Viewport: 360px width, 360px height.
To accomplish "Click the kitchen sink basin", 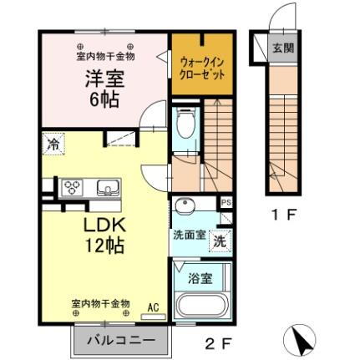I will point(107,185).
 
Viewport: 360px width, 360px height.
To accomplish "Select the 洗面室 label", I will point(189,235).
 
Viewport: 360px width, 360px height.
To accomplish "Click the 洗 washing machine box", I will point(218,241).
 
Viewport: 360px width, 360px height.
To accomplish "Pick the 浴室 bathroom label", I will point(201,277).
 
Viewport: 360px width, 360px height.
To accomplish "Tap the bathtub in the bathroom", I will point(200,305).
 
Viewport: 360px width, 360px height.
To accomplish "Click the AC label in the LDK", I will point(153,306).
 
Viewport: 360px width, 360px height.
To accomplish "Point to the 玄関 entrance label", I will point(281,48).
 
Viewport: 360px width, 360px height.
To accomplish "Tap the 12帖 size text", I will point(104,246).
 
